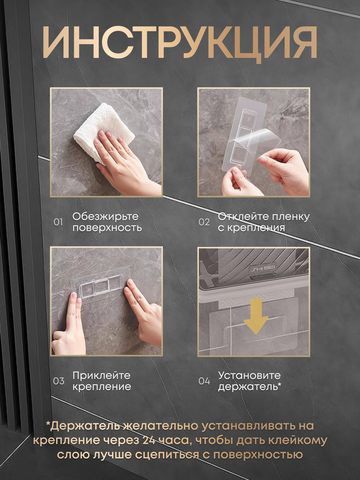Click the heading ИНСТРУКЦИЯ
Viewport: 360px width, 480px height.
pos(180,43)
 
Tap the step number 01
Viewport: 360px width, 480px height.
pos(58,222)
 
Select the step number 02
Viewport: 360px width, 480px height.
pos(204,222)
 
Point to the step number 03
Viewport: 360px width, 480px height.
pos(59,381)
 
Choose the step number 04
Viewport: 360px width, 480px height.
pos(204,381)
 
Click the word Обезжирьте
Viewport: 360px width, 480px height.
pos(105,217)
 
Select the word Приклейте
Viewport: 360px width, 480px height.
pos(101,375)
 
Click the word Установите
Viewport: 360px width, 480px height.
pos(249,376)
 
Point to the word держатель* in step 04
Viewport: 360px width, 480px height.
pos(250,387)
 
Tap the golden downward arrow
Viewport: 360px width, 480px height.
pos(256,316)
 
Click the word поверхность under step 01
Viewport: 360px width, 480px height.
pos(107,228)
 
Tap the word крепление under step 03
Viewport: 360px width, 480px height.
pos(102,387)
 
